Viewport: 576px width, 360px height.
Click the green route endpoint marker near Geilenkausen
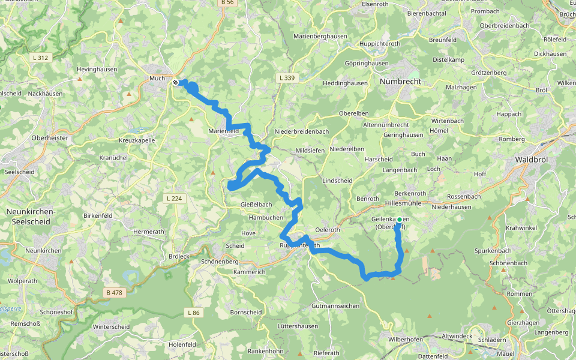point(400,220)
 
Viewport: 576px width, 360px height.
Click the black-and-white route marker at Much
point(175,82)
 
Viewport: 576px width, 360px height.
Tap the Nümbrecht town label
point(401,81)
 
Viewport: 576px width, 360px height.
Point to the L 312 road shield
point(41,58)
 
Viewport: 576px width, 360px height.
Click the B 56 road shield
point(227,2)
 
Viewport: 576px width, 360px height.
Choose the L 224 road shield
point(175,198)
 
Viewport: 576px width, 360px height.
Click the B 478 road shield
point(114,293)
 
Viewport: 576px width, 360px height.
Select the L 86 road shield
point(193,313)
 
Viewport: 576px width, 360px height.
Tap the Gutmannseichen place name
point(335,306)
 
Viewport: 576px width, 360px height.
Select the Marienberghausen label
point(320,36)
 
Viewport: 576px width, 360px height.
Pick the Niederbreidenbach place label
point(301,131)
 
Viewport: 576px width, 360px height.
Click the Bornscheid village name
point(246,312)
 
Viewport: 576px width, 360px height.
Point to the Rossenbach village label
point(464,196)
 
